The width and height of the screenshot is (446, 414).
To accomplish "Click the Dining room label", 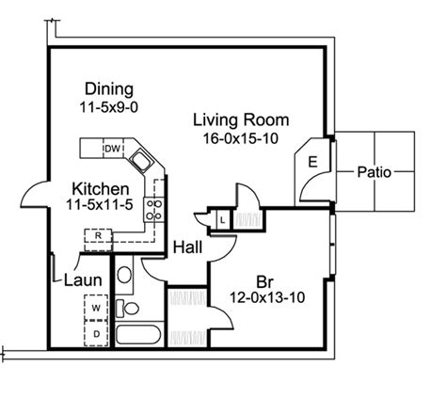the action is click(x=109, y=88).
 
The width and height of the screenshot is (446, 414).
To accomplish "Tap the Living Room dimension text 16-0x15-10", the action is click(x=241, y=138).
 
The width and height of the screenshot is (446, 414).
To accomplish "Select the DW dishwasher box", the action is click(x=113, y=149).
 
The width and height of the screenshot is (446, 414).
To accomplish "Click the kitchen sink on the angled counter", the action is click(x=141, y=160).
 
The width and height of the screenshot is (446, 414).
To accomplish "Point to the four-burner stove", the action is click(x=154, y=210).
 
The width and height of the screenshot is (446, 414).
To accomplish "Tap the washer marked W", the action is click(x=96, y=308).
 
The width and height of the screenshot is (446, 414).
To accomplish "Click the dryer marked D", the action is click(x=96, y=333).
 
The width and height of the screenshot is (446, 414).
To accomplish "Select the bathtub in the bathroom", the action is click(x=138, y=335).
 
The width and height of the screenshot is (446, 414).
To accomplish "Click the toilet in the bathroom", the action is click(x=127, y=308).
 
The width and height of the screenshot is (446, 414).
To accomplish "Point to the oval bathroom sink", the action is click(x=124, y=275).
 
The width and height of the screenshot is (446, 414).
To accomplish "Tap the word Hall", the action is click(x=187, y=247).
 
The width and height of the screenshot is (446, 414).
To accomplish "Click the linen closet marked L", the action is click(x=223, y=220).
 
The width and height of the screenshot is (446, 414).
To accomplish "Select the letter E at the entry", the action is click(x=312, y=162).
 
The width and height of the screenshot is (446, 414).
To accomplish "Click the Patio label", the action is click(x=374, y=172).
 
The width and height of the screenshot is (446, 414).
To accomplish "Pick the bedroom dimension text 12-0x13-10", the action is click(x=267, y=297).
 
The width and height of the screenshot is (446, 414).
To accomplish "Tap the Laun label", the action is click(x=83, y=280).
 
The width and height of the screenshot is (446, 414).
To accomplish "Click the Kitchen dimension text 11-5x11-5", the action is click(x=100, y=205).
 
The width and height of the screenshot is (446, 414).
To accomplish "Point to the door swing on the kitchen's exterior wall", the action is click(x=33, y=195).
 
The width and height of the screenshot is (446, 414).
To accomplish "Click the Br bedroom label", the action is click(x=265, y=281).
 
